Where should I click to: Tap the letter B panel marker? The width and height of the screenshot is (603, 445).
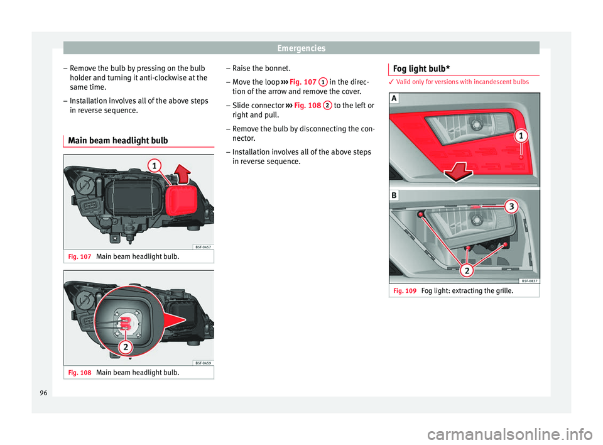pyautogui.click(x=393, y=195)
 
